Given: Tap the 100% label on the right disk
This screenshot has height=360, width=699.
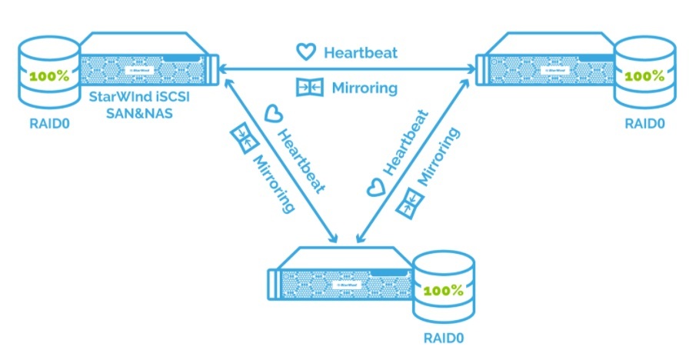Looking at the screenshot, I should point(645,76).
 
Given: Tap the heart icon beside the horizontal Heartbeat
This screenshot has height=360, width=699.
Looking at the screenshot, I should point(307,52).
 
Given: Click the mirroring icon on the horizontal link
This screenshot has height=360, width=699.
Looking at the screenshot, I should point(306,87).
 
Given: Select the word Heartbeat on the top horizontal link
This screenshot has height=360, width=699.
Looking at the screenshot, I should point(361,53).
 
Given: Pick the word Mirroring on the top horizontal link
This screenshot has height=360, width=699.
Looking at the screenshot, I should point(364,88).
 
